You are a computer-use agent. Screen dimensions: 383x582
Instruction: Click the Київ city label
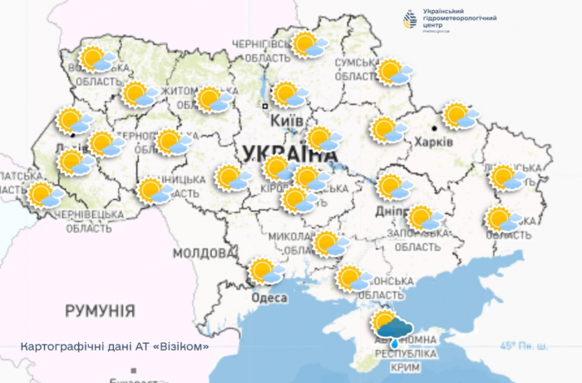click(286, 122)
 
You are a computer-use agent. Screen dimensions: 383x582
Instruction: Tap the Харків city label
click(433, 142)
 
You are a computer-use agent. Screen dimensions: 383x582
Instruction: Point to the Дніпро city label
click(390, 211)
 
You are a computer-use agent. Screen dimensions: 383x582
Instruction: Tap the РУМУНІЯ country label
click(100, 311)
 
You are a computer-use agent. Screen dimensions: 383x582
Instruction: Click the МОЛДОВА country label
click(203, 253)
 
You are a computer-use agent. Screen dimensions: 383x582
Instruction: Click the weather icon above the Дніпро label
click(392, 187)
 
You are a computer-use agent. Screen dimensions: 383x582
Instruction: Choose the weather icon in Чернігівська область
click(308, 44)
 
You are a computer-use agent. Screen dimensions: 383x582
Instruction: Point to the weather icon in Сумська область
click(394, 72)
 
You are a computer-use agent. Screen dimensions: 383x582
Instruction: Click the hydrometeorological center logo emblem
click(410, 19)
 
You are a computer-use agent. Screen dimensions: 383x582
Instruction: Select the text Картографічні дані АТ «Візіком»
click(114, 346)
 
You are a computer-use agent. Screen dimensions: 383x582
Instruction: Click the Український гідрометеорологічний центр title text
click(460, 18)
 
